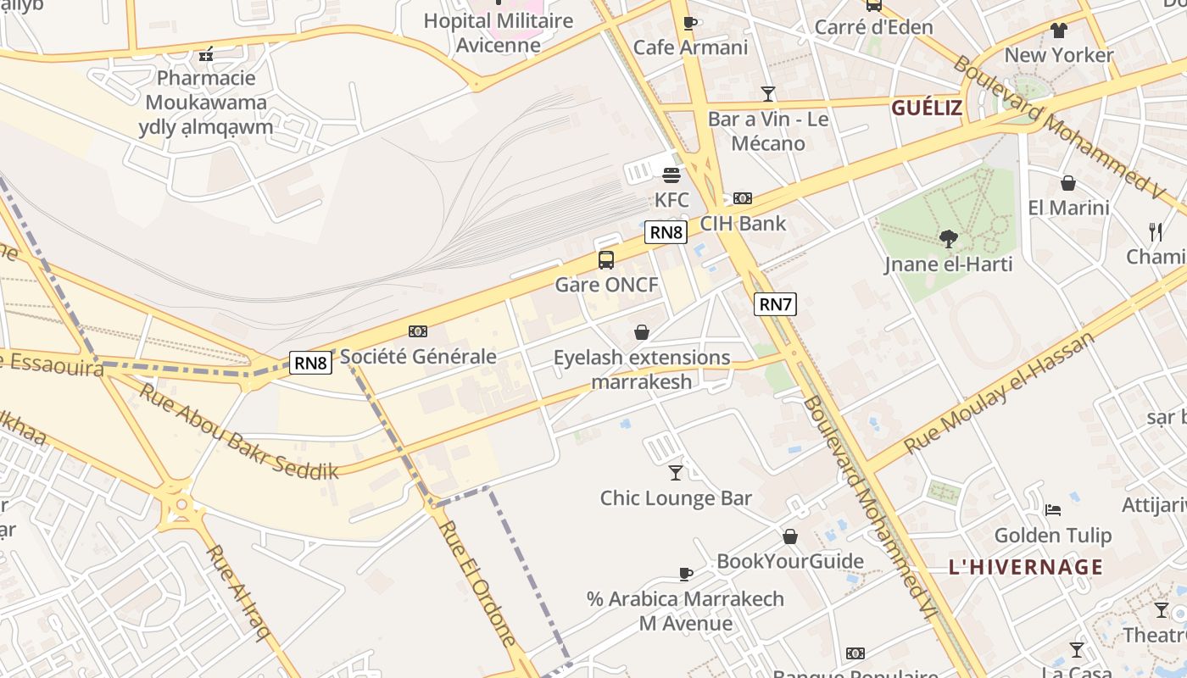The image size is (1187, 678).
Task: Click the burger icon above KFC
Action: [x=672, y=175]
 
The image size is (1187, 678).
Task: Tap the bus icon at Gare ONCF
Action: [x=606, y=259]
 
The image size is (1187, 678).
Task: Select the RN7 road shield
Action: [x=775, y=304]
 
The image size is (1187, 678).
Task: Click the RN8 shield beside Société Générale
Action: [x=310, y=363]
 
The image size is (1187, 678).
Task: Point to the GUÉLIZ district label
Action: [x=927, y=108]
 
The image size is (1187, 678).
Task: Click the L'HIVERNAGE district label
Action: [x=1026, y=567]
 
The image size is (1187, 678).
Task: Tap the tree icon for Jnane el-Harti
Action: [x=949, y=239]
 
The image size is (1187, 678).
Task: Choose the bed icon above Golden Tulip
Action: [x=1053, y=509]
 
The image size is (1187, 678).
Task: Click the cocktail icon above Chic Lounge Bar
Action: [x=676, y=472]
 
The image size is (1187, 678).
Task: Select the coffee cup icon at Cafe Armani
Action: [x=690, y=23]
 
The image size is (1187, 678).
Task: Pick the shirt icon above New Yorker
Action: [x=1059, y=31]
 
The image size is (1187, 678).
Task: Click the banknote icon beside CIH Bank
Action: [x=743, y=198]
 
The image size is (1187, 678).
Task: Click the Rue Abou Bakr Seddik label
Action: [x=239, y=432]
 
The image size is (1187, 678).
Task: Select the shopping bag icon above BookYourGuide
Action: [x=790, y=536]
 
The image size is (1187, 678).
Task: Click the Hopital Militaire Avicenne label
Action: [x=499, y=32]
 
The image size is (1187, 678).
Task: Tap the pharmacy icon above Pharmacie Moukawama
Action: [x=205, y=55]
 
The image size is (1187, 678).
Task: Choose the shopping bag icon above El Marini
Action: [x=1068, y=183]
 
